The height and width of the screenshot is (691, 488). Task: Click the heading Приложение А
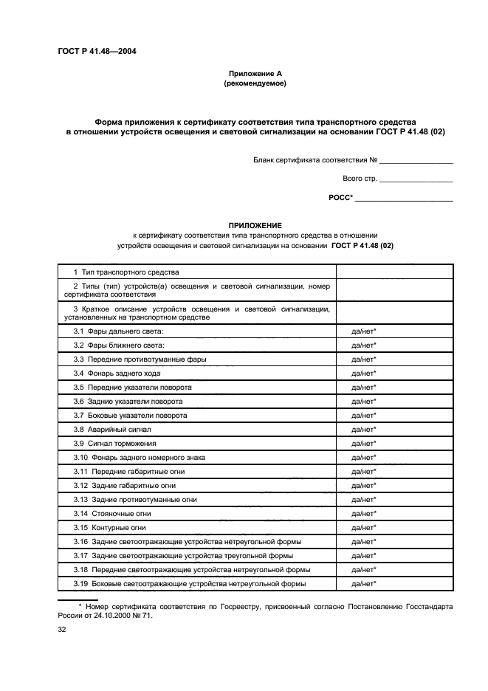pos(255,73)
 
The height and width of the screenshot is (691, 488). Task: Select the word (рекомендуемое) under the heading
pos(255,83)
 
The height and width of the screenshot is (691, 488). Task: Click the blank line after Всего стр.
pos(417,179)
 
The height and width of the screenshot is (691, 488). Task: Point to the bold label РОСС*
pos(340,198)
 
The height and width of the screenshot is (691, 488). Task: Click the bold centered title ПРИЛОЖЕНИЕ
pos(255,224)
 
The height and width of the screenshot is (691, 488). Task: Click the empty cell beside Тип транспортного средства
pos(394,272)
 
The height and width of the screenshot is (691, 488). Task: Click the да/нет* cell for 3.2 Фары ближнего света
pos(364,345)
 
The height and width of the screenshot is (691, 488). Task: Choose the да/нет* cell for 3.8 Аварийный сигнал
pos(364,429)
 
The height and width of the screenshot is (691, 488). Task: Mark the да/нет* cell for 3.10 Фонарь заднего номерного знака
pos(364,457)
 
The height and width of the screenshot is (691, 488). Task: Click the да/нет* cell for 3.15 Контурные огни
pos(364,527)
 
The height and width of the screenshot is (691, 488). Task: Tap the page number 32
pos(62,631)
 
